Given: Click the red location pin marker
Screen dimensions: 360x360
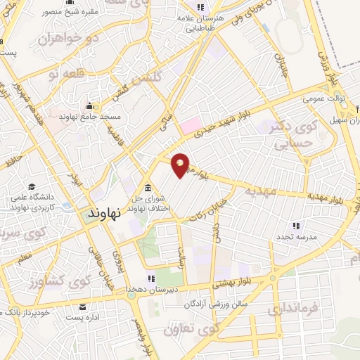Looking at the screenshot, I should pos(180,165).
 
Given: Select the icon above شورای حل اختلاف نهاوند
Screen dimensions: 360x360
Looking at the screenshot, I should pos(148,188).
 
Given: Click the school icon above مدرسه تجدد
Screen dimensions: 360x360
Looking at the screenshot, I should pos(296,226).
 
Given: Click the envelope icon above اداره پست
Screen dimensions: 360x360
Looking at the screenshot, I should pos(84,307).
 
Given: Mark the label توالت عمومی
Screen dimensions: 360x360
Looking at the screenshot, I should pos(323,99).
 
